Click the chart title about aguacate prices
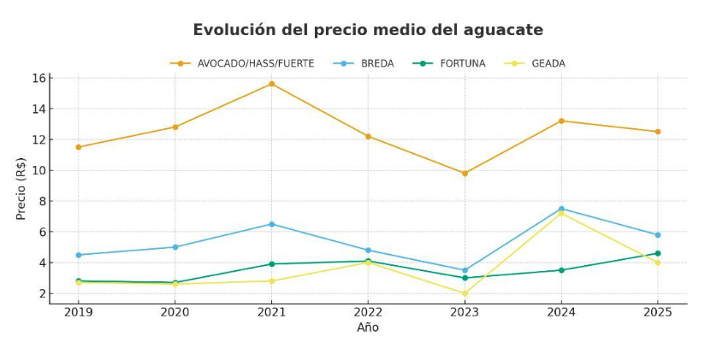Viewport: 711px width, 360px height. pyautogui.click(x=368, y=30)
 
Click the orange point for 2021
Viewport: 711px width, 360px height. pyautogui.click(x=271, y=84)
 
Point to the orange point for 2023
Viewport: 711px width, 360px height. pyautogui.click(x=465, y=173)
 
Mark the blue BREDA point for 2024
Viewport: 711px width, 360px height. pyautogui.click(x=561, y=209)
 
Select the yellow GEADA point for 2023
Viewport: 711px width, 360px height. pyautogui.click(x=465, y=293)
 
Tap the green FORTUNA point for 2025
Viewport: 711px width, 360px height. pyautogui.click(x=658, y=253)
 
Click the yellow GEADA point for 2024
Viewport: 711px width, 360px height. pyautogui.click(x=561, y=214)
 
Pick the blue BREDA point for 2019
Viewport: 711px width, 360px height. pyautogui.click(x=78, y=255)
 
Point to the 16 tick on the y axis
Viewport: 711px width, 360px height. pyautogui.click(x=39, y=78)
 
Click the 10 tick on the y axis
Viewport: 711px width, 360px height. pyautogui.click(x=39, y=170)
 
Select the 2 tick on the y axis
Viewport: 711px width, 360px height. pyautogui.click(x=41, y=293)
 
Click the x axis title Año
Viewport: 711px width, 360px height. pyautogui.click(x=368, y=328)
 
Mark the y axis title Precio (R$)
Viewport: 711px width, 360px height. pyautogui.click(x=21, y=188)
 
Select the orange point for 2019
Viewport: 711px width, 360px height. pyautogui.click(x=78, y=147)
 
